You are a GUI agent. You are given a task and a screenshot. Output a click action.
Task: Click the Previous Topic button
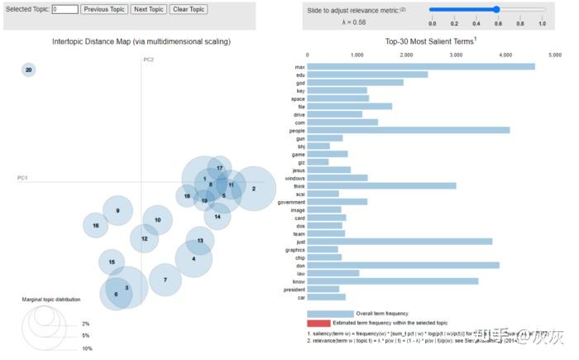[x=103, y=9]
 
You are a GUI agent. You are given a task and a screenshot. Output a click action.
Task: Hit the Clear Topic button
[x=189, y=9]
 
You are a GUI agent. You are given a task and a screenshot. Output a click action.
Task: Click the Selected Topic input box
[x=65, y=9]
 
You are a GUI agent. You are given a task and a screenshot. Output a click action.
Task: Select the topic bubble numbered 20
[x=29, y=70]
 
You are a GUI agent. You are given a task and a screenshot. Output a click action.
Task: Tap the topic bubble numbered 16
[x=96, y=225]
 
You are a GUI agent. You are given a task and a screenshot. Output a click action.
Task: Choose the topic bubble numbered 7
[x=165, y=280]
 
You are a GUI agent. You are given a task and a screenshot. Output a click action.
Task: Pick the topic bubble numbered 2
[x=253, y=189]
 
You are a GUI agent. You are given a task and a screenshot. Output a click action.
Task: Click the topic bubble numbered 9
[x=117, y=210]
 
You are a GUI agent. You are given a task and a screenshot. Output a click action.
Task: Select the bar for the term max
[x=421, y=66]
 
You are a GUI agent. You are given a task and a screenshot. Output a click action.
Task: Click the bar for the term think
[x=381, y=185]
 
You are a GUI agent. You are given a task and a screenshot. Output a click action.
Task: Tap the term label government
[x=292, y=201]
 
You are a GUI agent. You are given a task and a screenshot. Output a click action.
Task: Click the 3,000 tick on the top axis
[x=456, y=55]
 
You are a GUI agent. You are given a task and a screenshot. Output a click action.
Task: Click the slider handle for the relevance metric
[x=495, y=9]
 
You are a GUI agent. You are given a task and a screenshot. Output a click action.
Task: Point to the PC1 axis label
[x=23, y=178]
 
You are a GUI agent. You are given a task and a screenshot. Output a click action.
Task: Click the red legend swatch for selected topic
[x=318, y=323]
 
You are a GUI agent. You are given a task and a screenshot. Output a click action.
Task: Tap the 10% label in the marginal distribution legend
[x=87, y=348]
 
